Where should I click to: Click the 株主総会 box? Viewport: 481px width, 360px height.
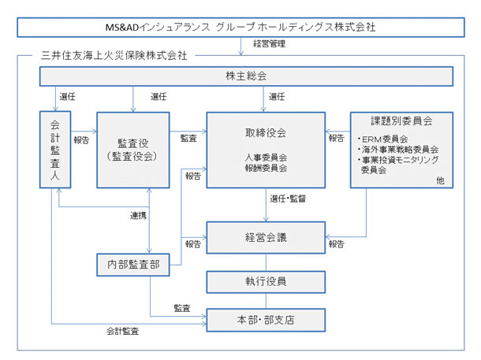click(246, 76)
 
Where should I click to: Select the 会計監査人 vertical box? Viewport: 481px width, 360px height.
click(55, 150)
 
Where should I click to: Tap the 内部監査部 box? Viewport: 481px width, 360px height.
click(133, 265)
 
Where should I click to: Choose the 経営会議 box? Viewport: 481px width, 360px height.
click(266, 238)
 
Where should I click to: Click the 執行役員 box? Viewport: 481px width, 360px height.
click(266, 282)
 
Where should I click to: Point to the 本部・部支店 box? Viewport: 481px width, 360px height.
click(266, 320)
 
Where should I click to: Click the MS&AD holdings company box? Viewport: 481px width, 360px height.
click(240, 28)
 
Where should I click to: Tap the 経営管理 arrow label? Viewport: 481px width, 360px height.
click(269, 44)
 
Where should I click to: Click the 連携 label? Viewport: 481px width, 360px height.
click(138, 216)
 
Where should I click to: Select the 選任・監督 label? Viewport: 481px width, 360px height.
click(288, 199)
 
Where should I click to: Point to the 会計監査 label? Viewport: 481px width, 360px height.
click(123, 331)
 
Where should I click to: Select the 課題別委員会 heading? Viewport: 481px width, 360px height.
click(401, 121)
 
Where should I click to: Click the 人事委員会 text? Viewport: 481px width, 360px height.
click(266, 158)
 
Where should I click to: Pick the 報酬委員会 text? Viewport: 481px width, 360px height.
click(266, 168)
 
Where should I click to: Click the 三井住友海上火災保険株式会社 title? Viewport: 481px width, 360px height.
click(114, 55)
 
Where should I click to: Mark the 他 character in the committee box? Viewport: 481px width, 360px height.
click(440, 180)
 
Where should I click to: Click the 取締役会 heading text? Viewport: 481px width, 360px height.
click(266, 132)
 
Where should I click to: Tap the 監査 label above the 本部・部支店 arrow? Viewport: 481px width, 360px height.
click(182, 308)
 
